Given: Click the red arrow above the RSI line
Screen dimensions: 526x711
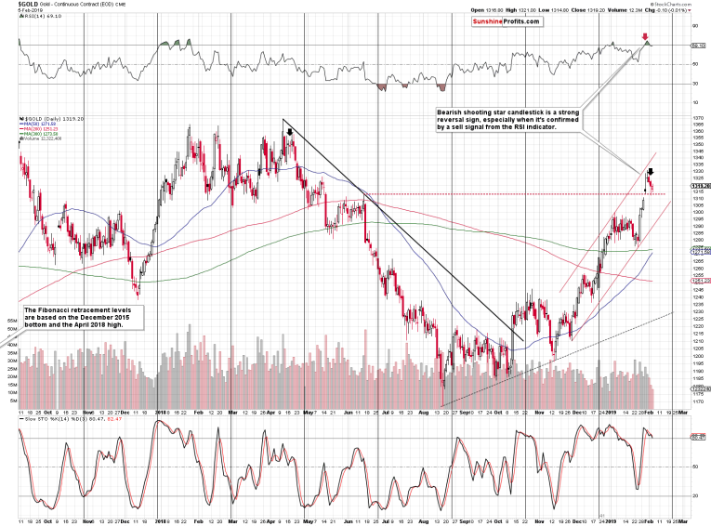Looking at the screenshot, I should tap(645, 37).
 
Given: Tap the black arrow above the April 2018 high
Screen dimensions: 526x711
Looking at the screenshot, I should tap(291, 133).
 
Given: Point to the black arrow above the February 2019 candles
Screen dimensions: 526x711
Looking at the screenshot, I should tap(651, 172).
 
